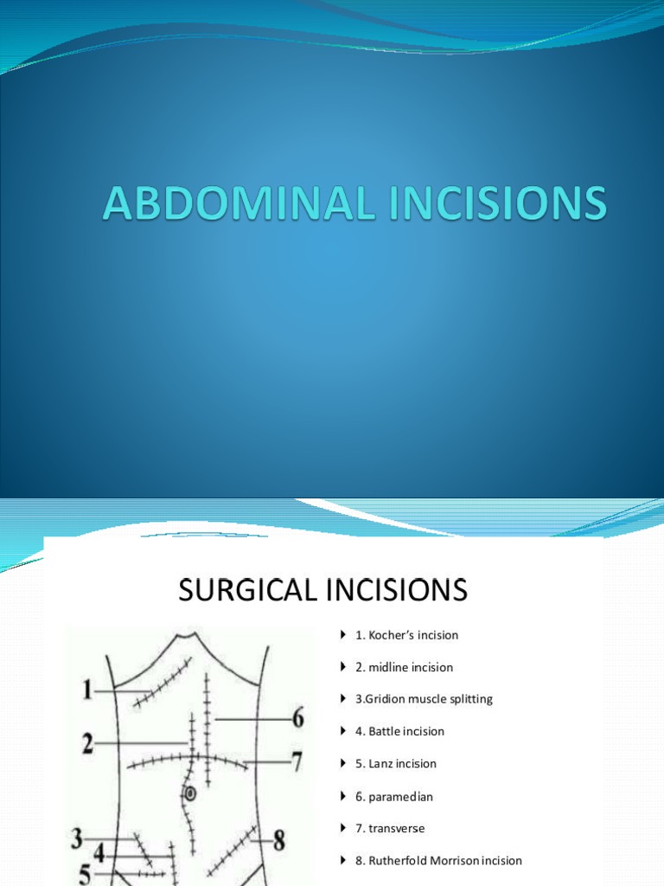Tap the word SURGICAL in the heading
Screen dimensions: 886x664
click(x=246, y=591)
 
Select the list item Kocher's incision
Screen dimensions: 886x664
click(x=406, y=635)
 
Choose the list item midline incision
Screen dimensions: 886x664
click(x=404, y=667)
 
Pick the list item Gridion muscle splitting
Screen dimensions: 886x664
click(x=424, y=699)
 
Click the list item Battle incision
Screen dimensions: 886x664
click(x=399, y=731)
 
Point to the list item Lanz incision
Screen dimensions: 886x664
click(x=396, y=764)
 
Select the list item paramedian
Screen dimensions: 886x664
click(x=393, y=796)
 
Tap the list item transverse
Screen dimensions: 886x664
click(x=390, y=828)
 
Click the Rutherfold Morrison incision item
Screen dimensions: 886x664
click(x=438, y=861)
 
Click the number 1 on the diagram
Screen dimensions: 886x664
click(x=86, y=690)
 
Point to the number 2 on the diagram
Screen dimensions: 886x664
click(x=87, y=743)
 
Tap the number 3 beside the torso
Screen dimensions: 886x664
click(x=77, y=838)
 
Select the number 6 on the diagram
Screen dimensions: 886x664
click(x=297, y=718)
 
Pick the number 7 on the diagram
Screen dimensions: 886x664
click(x=296, y=762)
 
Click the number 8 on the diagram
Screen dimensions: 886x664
click(x=278, y=838)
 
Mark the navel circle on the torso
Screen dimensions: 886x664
click(x=191, y=793)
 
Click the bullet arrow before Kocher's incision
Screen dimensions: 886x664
click(x=343, y=635)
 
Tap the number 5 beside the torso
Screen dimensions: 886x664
click(x=85, y=875)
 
